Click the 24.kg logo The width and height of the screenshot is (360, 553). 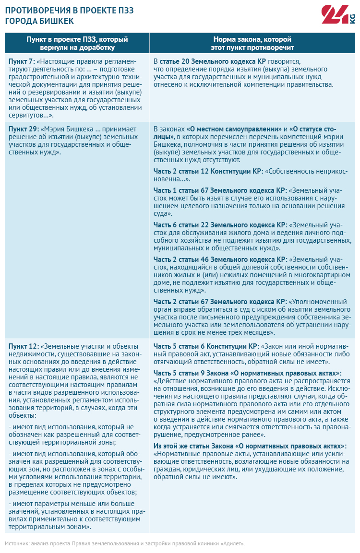pos(338,16)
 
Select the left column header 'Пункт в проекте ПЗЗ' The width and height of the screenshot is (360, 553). pos(77,43)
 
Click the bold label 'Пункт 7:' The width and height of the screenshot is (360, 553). pos(22,62)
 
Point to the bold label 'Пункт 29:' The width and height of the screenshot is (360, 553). pos(24,129)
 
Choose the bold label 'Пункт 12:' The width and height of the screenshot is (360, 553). pos(24,346)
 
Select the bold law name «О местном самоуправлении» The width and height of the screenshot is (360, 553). pos(234,129)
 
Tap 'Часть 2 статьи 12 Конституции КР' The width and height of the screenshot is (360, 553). pos(208,172)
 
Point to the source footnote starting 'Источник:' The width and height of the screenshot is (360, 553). pos(125,543)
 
